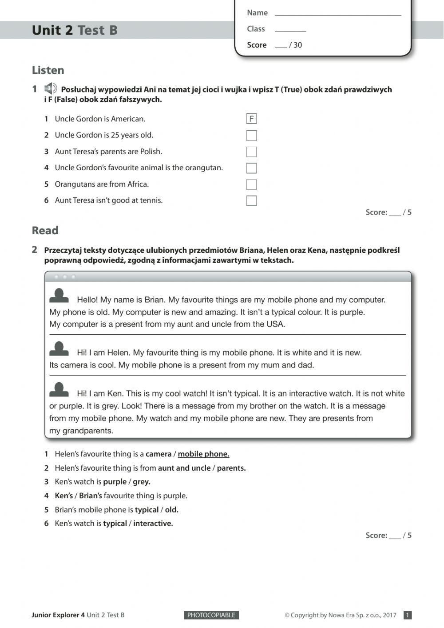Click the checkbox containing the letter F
pyautogui.click(x=251, y=119)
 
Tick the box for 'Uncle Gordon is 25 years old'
pyautogui.click(x=251, y=136)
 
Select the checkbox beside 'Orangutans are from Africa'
pyautogui.click(x=251, y=184)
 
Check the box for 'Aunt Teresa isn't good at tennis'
pyautogui.click(x=251, y=201)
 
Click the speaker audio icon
pyautogui.click(x=51, y=88)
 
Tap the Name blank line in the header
pyautogui.click(x=337, y=13)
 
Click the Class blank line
pyautogui.click(x=290, y=29)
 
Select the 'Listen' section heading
pyautogui.click(x=48, y=70)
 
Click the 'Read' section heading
pyautogui.click(x=45, y=231)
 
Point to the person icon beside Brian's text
pyautogui.click(x=59, y=296)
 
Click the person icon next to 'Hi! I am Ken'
pyautogui.click(x=59, y=389)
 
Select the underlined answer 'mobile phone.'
pyautogui.click(x=203, y=454)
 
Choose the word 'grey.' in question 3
pyautogui.click(x=142, y=482)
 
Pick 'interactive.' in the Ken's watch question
pyautogui.click(x=153, y=524)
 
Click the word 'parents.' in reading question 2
pyautogui.click(x=231, y=468)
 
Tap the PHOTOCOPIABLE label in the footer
pyautogui.click(x=211, y=615)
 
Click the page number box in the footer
pyautogui.click(x=408, y=615)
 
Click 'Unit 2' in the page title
pyautogui.click(x=52, y=30)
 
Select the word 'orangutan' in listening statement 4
pyautogui.click(x=203, y=168)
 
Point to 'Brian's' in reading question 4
pyautogui.click(x=91, y=496)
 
